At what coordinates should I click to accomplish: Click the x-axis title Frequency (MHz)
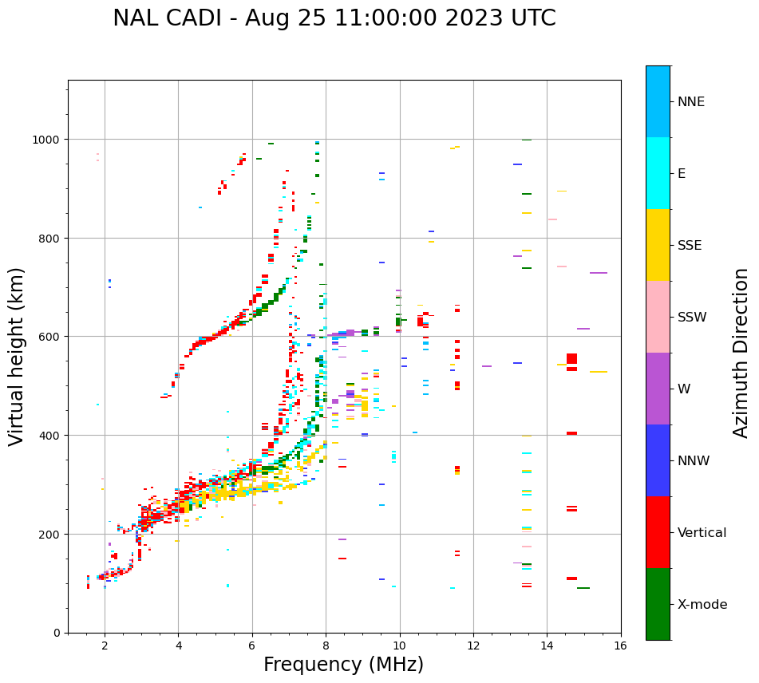click(x=343, y=665)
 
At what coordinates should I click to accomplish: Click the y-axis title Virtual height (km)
click(x=17, y=356)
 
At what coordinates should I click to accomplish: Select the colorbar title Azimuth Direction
click(x=741, y=353)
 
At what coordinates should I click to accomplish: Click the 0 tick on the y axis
click(x=57, y=633)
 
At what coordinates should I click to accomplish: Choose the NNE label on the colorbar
click(x=691, y=102)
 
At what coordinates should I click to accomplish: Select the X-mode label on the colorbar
click(x=702, y=605)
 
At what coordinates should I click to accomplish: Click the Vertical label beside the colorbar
click(x=702, y=533)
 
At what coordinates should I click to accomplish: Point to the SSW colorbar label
click(x=692, y=318)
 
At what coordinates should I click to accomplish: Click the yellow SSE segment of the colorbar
click(x=658, y=245)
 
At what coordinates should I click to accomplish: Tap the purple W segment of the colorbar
click(x=658, y=389)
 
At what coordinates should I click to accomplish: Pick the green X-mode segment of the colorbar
click(x=658, y=604)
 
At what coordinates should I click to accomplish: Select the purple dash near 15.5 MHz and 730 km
click(x=599, y=273)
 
